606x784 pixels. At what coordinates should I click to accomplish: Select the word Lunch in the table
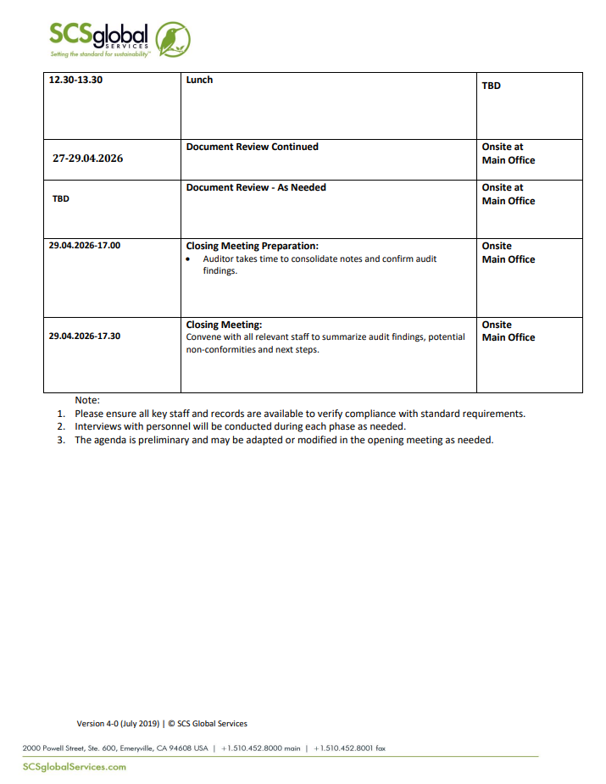pyautogui.click(x=199, y=81)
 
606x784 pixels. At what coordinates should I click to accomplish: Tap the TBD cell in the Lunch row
pyautogui.click(x=491, y=86)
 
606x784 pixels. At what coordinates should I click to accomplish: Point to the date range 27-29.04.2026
pyautogui.click(x=87, y=158)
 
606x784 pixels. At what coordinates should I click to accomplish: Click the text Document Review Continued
pyautogui.click(x=252, y=147)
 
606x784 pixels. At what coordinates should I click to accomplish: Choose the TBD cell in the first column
pyautogui.click(x=61, y=199)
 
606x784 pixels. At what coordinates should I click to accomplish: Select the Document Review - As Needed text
pyautogui.click(x=256, y=187)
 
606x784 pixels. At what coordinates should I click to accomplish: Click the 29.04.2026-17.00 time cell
pyautogui.click(x=84, y=245)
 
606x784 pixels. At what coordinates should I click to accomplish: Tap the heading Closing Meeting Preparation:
pyautogui.click(x=252, y=247)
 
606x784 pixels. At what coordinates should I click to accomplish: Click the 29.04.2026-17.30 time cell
pyautogui.click(x=84, y=336)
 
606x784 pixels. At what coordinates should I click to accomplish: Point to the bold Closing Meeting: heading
pyautogui.click(x=224, y=325)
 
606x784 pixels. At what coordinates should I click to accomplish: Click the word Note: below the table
pyautogui.click(x=87, y=399)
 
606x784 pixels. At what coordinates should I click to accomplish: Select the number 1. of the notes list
pyautogui.click(x=61, y=414)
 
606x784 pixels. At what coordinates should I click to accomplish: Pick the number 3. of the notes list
pyautogui.click(x=61, y=440)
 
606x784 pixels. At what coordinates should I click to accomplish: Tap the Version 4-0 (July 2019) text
pyautogui.click(x=118, y=724)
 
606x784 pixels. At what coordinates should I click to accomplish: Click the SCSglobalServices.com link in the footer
pyautogui.click(x=75, y=767)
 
